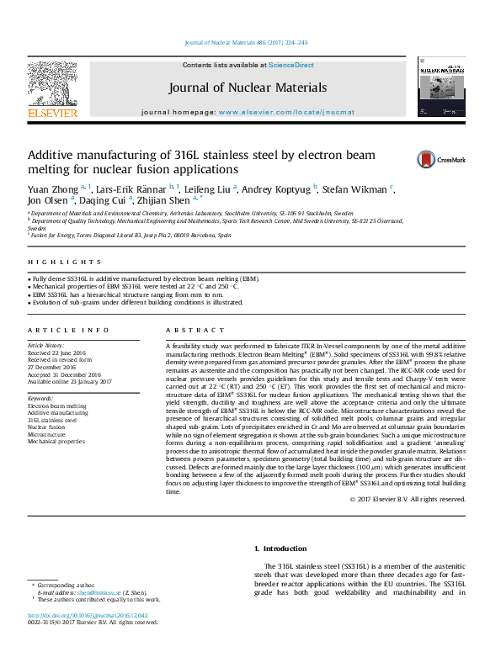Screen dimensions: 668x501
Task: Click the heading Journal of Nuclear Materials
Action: (248, 87)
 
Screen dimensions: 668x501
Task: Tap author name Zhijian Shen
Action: (165, 200)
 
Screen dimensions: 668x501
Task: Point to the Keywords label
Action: (40, 398)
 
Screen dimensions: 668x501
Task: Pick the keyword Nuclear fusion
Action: (50, 427)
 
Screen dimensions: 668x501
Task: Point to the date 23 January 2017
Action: (88, 381)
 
